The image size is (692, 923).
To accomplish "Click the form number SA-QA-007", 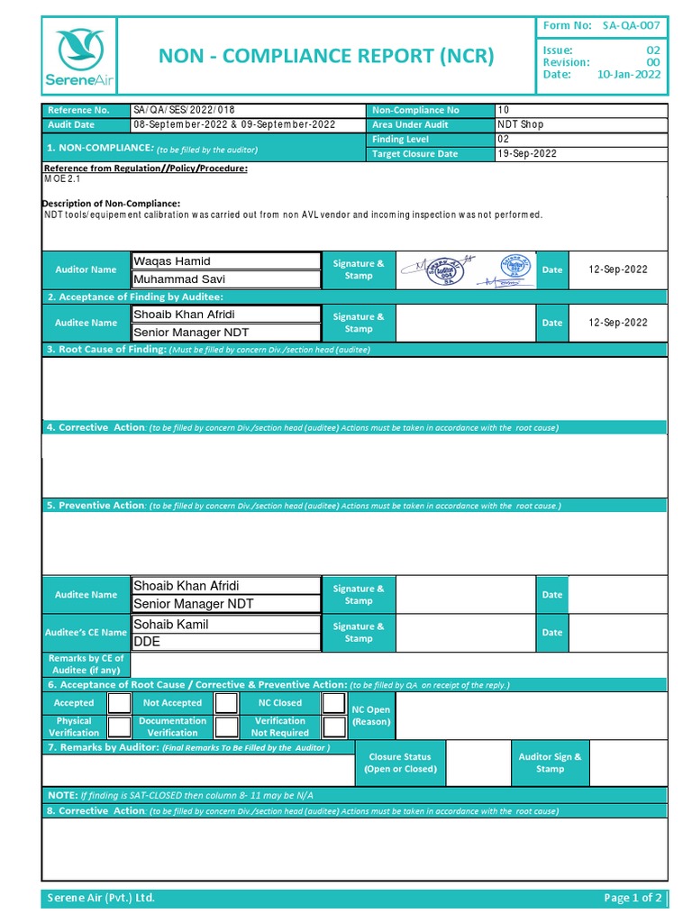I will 632,26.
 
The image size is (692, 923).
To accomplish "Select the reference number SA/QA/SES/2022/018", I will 185,110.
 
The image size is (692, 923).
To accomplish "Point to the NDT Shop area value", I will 521,124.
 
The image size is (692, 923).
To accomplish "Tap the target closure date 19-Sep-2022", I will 527,154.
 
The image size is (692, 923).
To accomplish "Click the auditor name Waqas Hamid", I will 172,261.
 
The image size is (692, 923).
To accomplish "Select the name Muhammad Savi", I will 179,279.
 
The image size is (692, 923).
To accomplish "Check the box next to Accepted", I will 119,703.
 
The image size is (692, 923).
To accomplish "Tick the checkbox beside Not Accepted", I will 226,703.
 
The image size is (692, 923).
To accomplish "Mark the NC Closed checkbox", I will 334,703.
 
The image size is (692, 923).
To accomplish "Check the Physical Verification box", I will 119,727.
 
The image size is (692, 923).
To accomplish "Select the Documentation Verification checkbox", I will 226,727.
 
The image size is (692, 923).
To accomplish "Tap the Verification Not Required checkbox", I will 334,727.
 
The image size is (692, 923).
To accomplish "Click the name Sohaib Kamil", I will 171,624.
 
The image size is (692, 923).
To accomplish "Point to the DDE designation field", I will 147,642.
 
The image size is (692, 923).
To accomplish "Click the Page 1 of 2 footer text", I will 633,898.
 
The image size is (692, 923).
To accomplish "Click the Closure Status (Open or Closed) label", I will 400,763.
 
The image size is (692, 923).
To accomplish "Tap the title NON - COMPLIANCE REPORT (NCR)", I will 326,56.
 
